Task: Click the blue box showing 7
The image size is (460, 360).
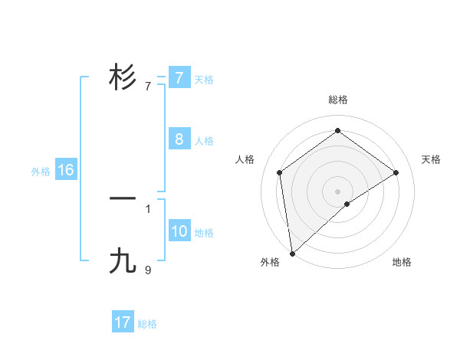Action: (179, 77)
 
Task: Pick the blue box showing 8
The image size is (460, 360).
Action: (179, 139)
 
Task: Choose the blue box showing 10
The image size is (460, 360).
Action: (179, 231)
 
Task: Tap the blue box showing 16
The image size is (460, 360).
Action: (65, 170)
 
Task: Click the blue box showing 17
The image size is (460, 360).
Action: (123, 322)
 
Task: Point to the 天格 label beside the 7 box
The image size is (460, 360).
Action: (204, 79)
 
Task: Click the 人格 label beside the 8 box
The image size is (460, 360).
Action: (204, 141)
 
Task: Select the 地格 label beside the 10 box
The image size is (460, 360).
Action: (204, 233)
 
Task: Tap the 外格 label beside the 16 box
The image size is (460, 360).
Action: (41, 172)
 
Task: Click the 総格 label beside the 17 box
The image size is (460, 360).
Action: (147, 324)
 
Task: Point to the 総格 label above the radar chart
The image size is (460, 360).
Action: (337, 100)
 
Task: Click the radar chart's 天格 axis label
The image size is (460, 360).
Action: (432, 159)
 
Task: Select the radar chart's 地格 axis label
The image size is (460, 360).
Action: (402, 262)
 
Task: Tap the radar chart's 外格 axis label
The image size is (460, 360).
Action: (270, 262)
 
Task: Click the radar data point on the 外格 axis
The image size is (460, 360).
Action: (292, 253)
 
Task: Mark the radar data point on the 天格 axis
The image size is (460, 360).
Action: (396, 172)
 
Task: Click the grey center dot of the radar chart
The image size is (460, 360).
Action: (337, 191)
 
